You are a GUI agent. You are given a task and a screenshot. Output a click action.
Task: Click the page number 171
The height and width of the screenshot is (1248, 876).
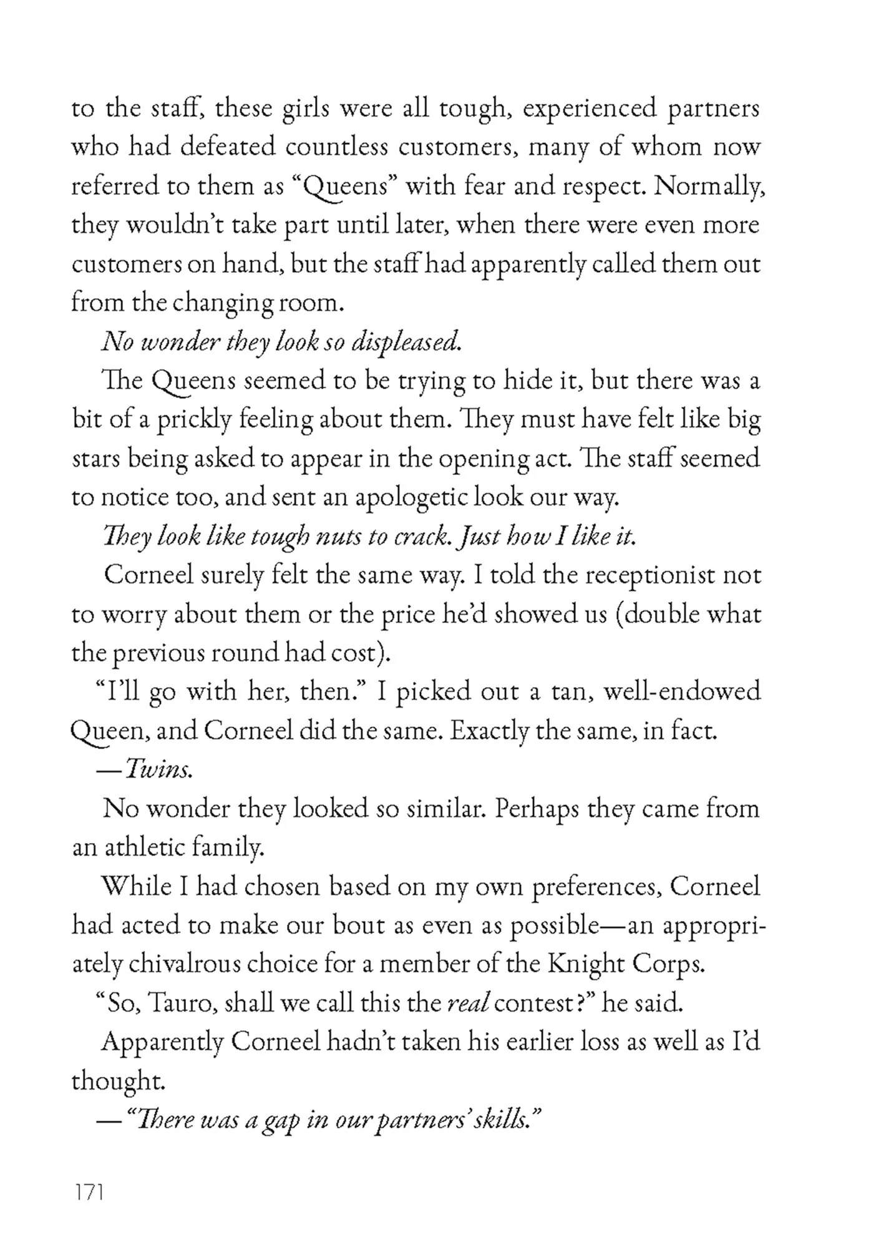click(88, 1192)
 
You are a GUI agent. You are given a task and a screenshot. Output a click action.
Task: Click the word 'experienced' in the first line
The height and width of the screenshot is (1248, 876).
click(590, 109)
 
